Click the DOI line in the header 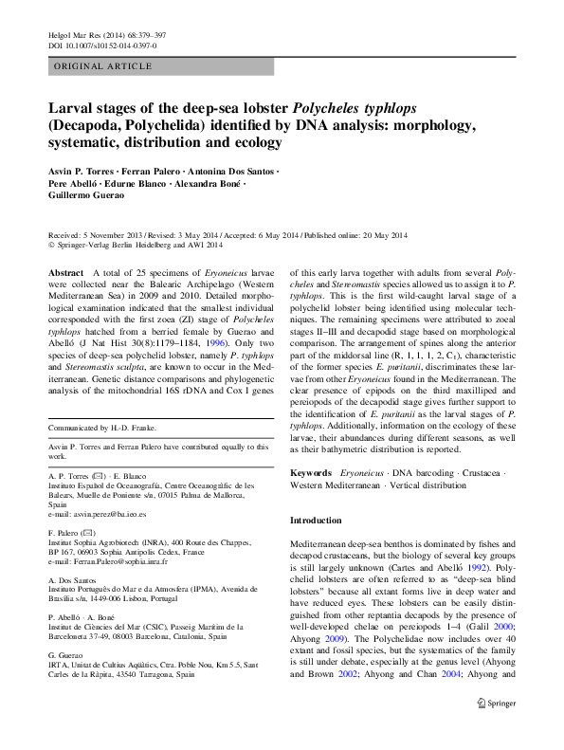pyautogui.click(x=101, y=45)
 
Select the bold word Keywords pyautogui.click(x=310, y=472)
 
